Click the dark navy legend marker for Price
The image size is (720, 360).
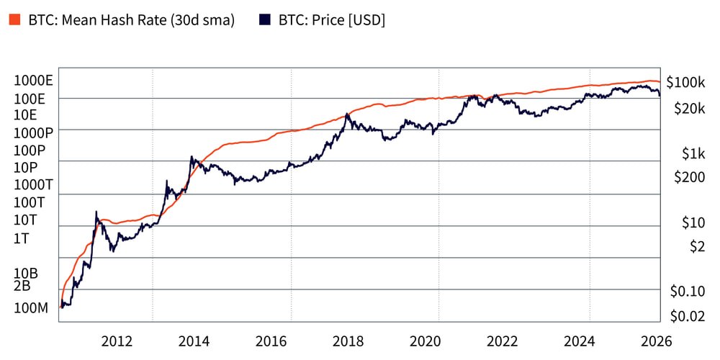click(264, 20)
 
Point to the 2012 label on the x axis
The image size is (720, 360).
click(117, 341)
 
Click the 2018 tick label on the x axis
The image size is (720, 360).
click(348, 341)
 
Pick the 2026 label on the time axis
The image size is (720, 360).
click(657, 341)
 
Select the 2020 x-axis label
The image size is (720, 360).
click(425, 341)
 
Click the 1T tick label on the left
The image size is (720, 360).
click(21, 238)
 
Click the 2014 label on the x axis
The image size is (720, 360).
click(194, 341)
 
